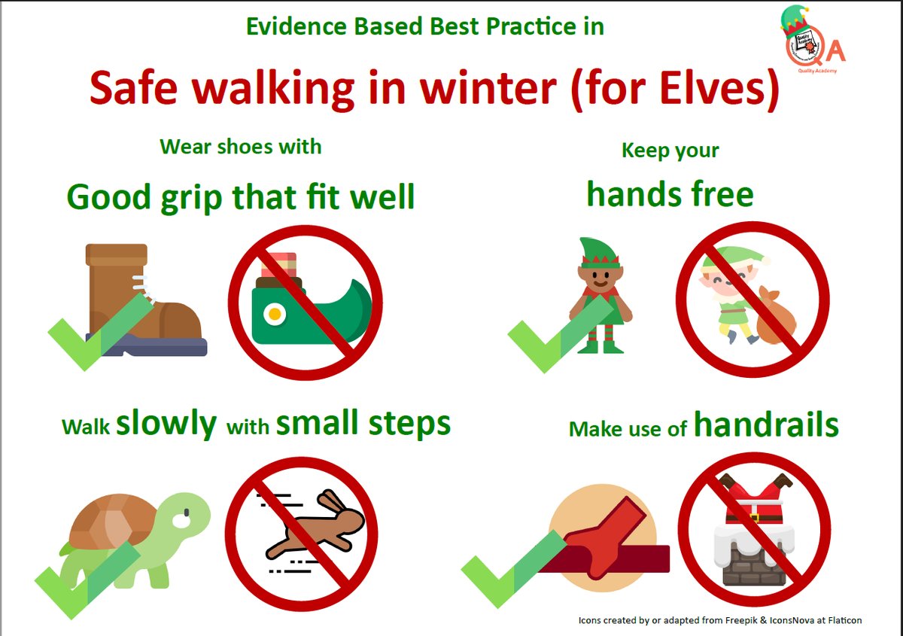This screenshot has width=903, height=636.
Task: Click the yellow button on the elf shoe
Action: click(x=276, y=312)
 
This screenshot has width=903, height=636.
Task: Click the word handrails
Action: click(x=765, y=426)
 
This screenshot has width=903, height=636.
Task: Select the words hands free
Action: click(x=670, y=194)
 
